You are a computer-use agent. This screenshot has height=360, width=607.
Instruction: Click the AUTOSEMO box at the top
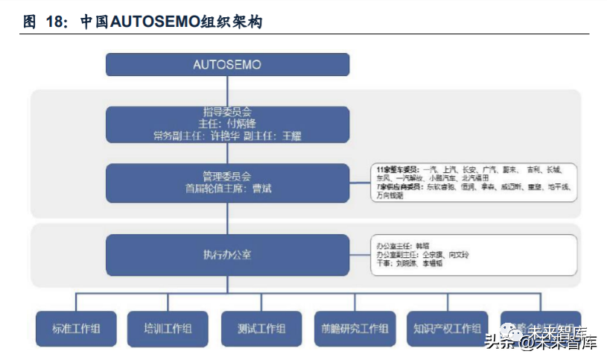tap(227, 64)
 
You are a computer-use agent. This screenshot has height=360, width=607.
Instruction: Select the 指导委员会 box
tap(227, 124)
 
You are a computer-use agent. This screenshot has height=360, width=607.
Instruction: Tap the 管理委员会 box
tap(227, 183)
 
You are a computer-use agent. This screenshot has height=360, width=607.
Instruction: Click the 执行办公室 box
tap(227, 255)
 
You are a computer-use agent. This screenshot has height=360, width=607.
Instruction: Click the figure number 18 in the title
tap(56, 22)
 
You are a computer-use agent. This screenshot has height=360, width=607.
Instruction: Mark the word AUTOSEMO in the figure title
tap(155, 22)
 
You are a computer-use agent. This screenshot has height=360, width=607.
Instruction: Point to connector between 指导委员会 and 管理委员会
tap(227, 153)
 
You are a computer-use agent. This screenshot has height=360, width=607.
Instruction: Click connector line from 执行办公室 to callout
tap(360, 255)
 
